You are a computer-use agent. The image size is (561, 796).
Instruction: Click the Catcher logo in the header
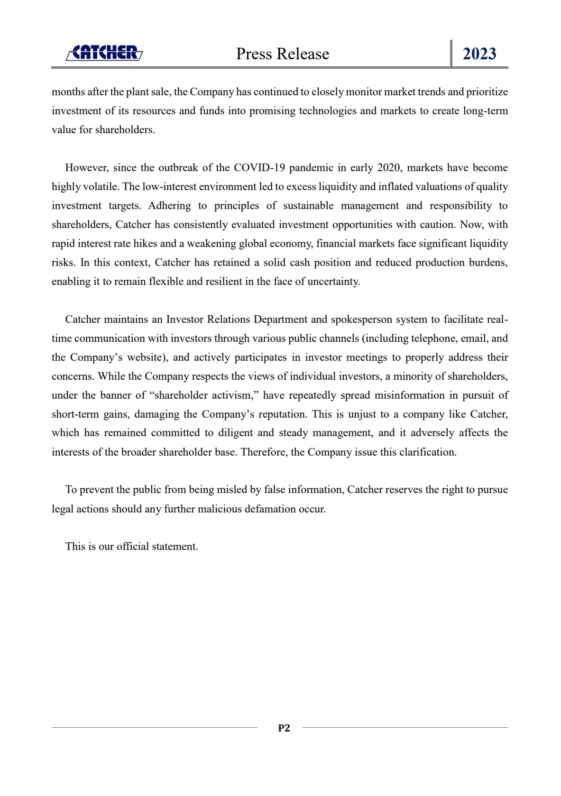104,53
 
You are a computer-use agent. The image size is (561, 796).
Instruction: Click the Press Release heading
283,54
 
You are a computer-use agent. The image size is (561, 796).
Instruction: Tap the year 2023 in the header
479,54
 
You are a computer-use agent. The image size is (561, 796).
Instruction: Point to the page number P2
284,728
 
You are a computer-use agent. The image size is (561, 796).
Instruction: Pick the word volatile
101,187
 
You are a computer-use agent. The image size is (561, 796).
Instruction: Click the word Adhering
169,206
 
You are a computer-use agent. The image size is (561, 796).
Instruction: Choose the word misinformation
410,395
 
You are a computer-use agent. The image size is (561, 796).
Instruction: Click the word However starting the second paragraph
87,168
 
